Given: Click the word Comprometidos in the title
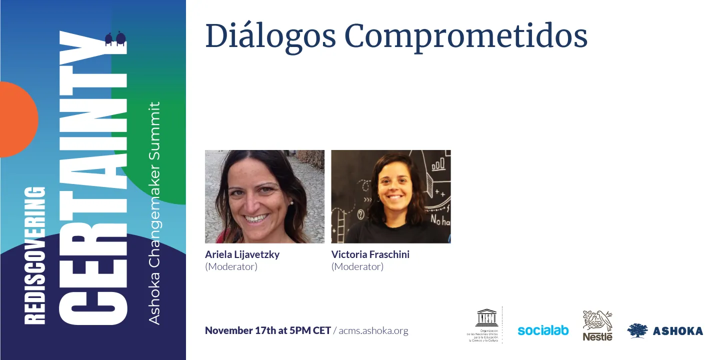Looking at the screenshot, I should [465, 36].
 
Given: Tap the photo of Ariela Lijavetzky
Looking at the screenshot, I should [264, 196].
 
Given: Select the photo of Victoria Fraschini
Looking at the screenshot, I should [391, 196].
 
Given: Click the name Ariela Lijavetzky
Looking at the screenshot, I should [242, 254].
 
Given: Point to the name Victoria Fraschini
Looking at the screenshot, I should [370, 254].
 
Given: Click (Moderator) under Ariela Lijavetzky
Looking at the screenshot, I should [231, 266].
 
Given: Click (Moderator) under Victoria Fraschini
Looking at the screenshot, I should [357, 266].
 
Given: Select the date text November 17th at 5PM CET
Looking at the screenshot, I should [267, 330].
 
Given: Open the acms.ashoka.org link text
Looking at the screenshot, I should [373, 330].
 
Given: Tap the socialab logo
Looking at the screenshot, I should [543, 330].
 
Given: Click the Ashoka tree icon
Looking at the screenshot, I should [637, 330].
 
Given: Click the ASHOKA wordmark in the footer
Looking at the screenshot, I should [677, 331].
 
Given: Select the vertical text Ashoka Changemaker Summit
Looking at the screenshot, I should [155, 212].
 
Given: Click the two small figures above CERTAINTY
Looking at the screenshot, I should [115, 39].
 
